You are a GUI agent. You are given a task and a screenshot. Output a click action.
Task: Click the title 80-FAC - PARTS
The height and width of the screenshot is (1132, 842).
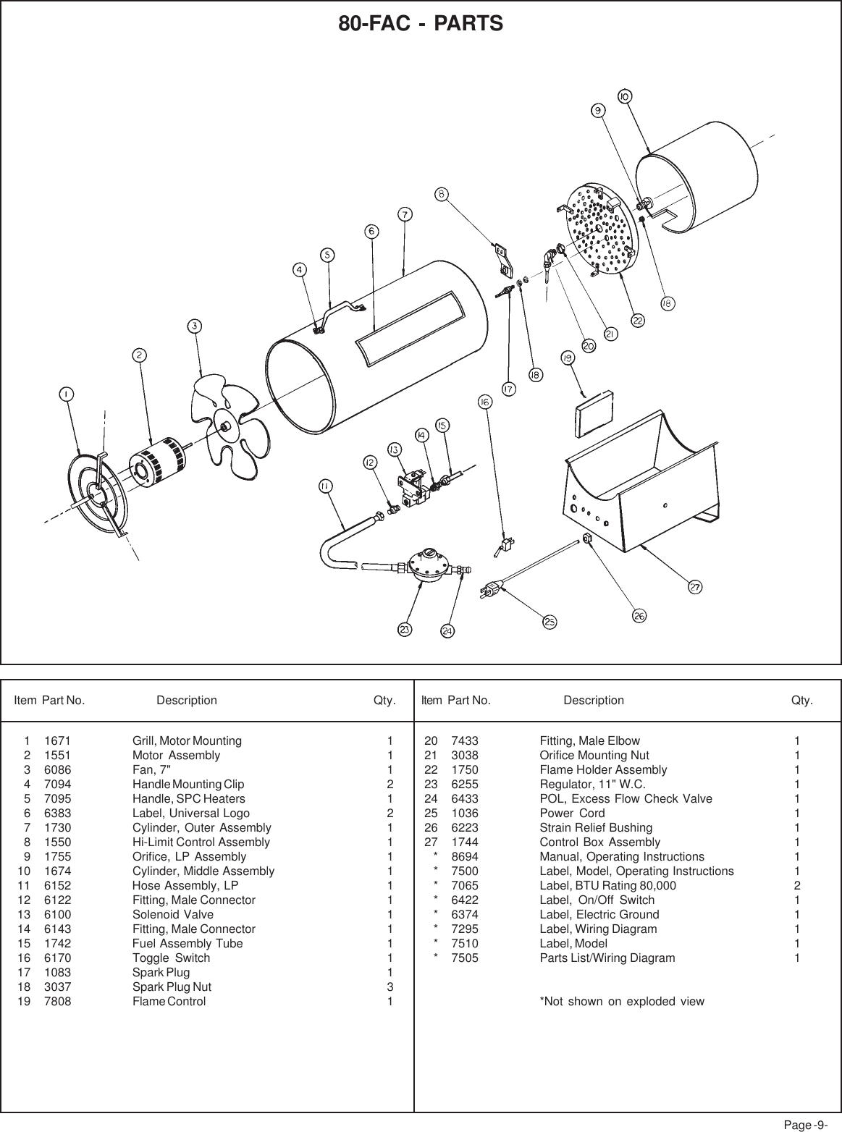pos(421,24)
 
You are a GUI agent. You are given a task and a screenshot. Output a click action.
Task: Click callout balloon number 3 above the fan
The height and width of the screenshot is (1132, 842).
pos(195,326)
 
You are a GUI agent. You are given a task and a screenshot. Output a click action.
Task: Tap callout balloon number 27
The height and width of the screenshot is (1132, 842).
pos(695,587)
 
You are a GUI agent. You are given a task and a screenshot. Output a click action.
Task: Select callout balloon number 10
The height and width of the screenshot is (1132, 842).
pos(624,96)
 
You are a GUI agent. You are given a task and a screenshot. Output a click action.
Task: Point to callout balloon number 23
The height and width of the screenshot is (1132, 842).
pos(405,630)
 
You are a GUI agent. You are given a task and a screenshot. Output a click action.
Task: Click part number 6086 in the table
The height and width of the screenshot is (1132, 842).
pos(58,769)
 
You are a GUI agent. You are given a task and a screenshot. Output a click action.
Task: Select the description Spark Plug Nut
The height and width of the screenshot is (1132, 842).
pos(172,987)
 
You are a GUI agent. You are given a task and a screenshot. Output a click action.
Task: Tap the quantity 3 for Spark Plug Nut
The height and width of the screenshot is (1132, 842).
pos(390,987)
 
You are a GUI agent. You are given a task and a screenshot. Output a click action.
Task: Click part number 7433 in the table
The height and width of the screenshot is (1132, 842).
pos(465,740)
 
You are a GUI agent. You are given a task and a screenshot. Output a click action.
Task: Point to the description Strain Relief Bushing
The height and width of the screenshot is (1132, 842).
pos(596,827)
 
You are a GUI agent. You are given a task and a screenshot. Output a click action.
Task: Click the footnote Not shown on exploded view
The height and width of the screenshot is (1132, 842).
pos(622,1002)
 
